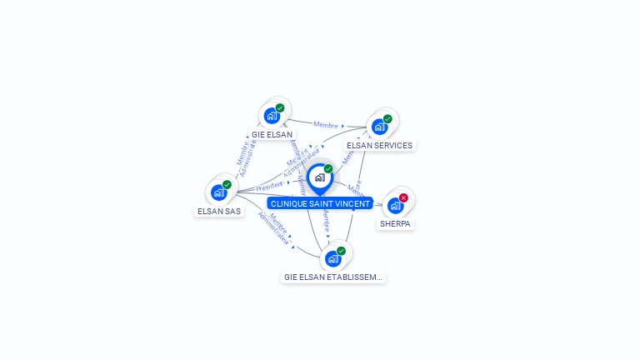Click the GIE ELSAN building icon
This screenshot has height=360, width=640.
272,116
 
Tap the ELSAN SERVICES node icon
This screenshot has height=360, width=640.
379,127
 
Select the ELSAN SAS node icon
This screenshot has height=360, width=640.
218,192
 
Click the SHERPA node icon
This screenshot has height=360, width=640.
395,205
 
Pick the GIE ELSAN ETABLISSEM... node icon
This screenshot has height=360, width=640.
332,258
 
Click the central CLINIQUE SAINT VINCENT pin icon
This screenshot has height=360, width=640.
319,177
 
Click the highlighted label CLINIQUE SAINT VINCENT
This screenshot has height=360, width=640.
320,203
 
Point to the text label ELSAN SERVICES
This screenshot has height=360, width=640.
379,145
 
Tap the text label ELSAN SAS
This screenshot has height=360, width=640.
219,211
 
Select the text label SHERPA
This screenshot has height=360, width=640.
396,223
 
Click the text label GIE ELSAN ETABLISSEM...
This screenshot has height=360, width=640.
333,277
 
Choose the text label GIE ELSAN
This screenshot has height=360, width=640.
272,133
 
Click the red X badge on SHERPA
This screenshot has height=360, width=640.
403,197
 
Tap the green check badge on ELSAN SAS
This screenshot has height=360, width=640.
227,185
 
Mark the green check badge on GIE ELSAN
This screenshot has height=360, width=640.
280,107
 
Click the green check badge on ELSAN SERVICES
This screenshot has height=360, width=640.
387,118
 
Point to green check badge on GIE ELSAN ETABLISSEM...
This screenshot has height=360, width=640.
341,251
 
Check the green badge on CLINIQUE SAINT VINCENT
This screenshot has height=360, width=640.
328,169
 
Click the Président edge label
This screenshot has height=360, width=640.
268,186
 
